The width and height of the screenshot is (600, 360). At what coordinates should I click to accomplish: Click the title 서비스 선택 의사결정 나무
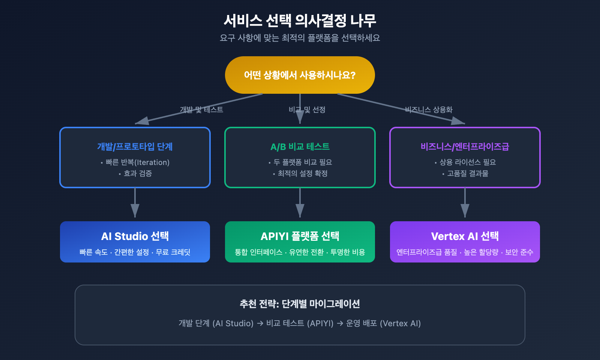point(300,21)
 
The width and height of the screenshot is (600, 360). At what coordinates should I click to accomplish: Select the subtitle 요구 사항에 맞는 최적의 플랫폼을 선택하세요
point(300,38)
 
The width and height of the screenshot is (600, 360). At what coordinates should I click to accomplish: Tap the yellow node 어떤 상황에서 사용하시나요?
point(300,75)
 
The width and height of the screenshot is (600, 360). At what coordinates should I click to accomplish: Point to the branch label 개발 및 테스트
point(201,109)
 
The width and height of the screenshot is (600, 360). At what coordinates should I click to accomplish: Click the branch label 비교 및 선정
point(307,109)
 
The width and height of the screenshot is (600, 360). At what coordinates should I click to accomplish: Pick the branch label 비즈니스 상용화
point(429,109)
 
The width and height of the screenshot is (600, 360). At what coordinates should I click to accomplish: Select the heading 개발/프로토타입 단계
point(135,147)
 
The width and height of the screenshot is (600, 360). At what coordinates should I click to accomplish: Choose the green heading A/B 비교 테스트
point(300,147)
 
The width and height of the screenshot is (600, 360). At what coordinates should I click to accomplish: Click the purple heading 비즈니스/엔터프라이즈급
point(465,147)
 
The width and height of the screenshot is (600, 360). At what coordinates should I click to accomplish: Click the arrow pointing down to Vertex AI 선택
point(465,204)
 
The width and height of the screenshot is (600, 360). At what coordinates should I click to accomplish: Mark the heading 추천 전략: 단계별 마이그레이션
point(300,304)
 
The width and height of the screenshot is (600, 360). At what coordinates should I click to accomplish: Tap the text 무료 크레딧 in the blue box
point(173,252)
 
